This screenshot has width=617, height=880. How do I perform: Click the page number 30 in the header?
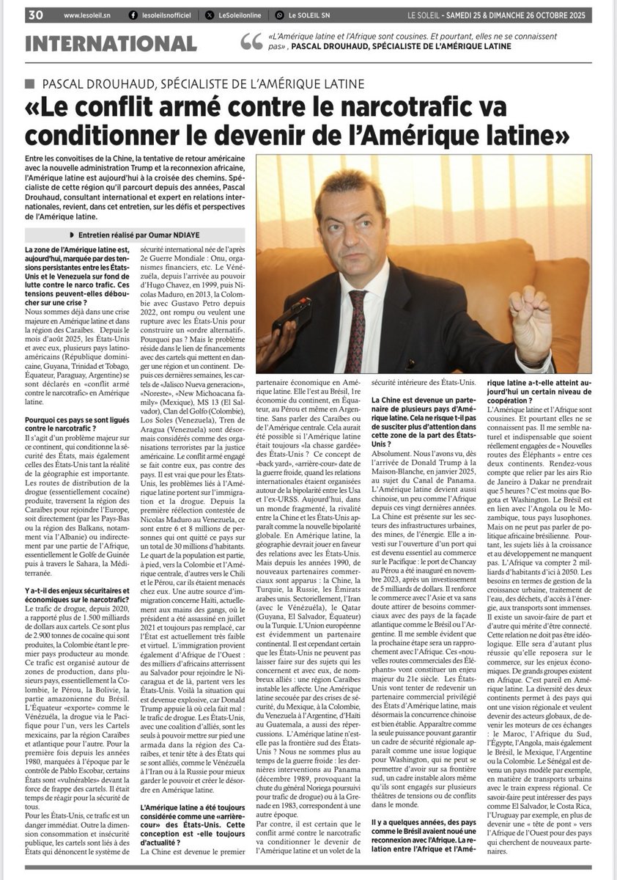pos(35,15)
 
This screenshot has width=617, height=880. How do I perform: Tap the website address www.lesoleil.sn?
pos(87,15)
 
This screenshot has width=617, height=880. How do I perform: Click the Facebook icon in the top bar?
pos(133,15)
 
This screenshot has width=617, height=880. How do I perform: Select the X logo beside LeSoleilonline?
pos(210,15)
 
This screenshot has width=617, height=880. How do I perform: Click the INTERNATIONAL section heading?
pos(111,43)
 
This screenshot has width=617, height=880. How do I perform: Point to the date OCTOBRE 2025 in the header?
pos(564,15)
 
